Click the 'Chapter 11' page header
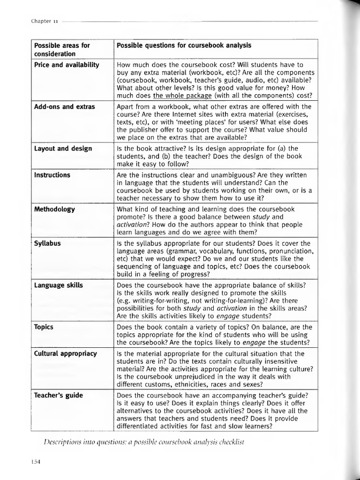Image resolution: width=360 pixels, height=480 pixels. [45, 21]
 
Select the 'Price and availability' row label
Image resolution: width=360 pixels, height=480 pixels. [66, 65]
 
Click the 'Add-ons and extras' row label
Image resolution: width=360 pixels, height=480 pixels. [64, 106]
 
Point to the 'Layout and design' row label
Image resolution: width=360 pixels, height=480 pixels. [63, 149]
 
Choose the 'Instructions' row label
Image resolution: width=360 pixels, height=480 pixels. [52, 175]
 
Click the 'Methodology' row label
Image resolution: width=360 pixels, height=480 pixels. [54, 209]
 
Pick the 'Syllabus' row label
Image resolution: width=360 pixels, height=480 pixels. [47, 243]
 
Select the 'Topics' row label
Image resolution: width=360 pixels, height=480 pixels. [44, 327]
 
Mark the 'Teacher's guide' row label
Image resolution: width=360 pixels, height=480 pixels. [58, 395]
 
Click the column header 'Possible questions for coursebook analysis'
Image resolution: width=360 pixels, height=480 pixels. [184, 45]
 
